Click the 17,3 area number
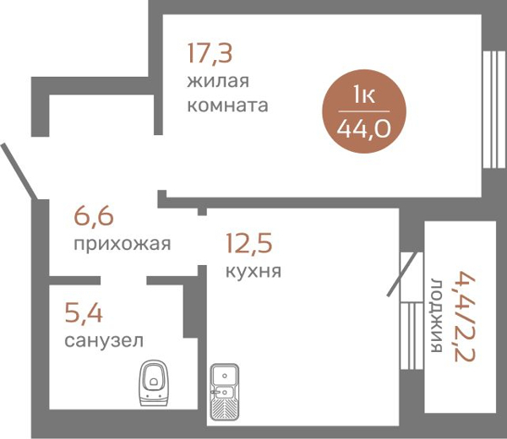tap(210, 54)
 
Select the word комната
tap(228, 106)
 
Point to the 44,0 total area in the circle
tap(364, 130)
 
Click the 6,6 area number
tap(94, 217)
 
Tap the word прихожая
tap(122, 245)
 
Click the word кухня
tap(253, 272)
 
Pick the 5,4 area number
tap(84, 314)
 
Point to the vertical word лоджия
tap(437, 314)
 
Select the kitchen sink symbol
tap(226, 392)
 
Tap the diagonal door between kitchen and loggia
tap(403, 274)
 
